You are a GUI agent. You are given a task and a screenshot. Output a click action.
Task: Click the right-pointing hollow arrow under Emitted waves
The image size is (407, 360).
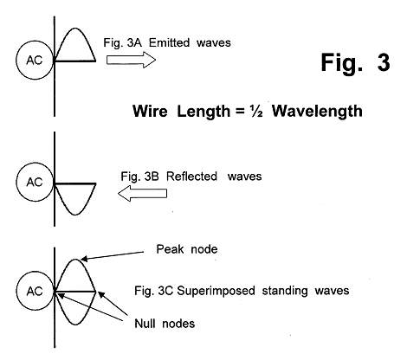click(x=131, y=60)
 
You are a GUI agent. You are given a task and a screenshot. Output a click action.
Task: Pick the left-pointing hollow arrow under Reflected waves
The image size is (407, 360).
click(x=142, y=193)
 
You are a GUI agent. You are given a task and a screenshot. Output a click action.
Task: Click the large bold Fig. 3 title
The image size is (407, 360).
click(x=355, y=62)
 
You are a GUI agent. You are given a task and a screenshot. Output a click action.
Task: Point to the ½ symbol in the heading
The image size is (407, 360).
click(x=256, y=112)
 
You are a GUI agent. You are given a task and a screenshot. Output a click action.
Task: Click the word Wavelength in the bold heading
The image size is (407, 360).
click(x=317, y=112)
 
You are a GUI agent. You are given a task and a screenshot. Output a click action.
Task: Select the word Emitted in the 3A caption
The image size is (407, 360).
click(x=169, y=42)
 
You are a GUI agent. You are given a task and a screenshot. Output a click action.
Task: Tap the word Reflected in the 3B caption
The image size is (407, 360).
click(x=191, y=177)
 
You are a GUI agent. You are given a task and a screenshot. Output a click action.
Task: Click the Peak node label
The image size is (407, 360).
click(x=187, y=249)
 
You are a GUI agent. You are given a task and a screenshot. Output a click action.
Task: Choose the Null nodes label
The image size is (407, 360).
click(x=165, y=324)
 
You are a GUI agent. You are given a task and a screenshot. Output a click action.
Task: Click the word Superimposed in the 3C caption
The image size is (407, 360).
click(x=216, y=291)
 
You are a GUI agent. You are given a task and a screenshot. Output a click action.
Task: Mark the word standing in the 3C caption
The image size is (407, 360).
click(x=285, y=291)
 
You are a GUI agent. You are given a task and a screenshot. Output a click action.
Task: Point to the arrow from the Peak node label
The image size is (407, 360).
click(x=113, y=256)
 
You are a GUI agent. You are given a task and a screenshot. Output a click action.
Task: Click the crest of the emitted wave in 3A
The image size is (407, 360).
click(x=75, y=29)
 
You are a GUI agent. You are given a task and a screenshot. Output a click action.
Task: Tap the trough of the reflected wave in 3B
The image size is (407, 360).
click(x=75, y=215)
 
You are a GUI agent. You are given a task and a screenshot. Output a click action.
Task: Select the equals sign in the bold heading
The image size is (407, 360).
click(x=240, y=112)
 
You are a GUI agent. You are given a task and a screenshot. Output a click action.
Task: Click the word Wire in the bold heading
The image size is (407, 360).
click(x=150, y=112)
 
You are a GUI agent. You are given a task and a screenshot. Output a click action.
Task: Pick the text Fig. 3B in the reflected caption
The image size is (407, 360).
click(x=139, y=177)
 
